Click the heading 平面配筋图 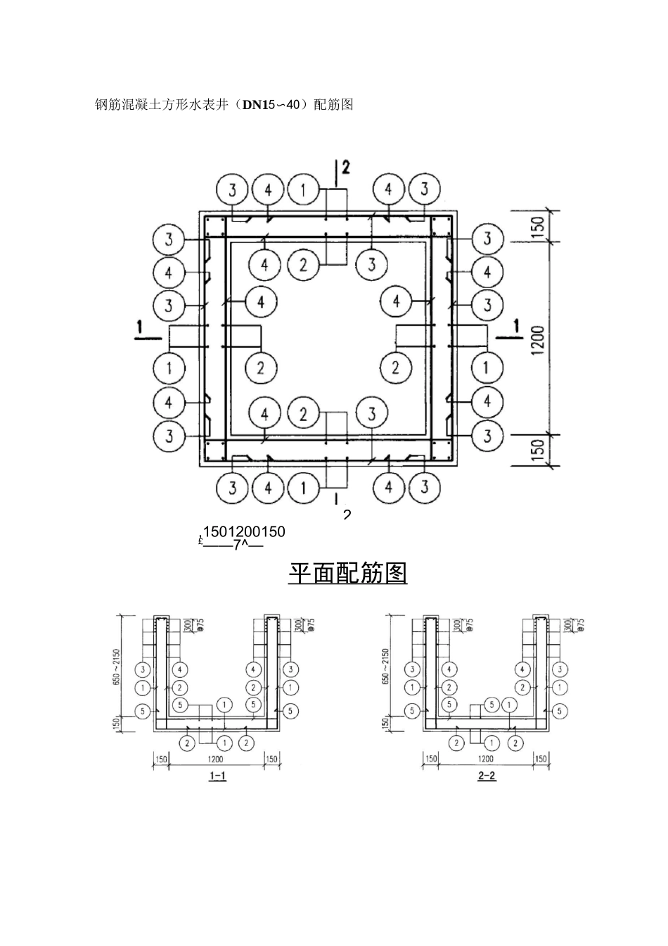(x=347, y=573)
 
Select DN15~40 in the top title (x=271, y=105)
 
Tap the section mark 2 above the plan (x=345, y=168)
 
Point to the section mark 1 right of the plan (x=518, y=327)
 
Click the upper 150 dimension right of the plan (x=538, y=226)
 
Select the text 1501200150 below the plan (x=243, y=531)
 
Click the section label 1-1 (x=218, y=777)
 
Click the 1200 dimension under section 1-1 (x=215, y=759)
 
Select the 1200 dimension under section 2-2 (x=485, y=759)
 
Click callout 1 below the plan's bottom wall (x=303, y=487)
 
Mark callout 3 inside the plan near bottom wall (x=372, y=414)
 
